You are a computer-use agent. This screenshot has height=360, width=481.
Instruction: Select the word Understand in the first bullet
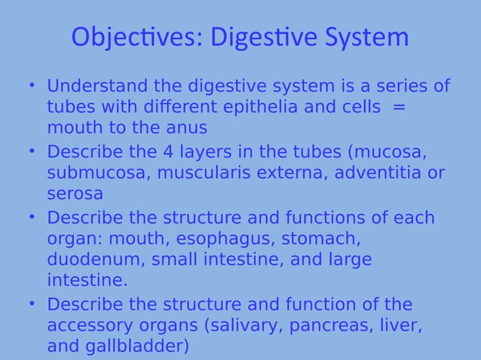[x=97, y=87]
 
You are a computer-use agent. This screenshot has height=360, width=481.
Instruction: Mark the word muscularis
[x=201, y=173]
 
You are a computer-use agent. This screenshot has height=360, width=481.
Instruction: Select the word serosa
[x=75, y=194]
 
